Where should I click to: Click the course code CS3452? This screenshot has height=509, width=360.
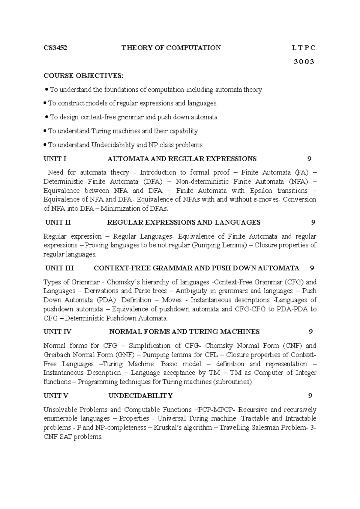(55, 48)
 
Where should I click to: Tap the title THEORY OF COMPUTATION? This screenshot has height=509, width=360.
(171, 48)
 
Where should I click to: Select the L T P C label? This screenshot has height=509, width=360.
(303, 48)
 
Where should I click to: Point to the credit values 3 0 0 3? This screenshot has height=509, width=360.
(304, 62)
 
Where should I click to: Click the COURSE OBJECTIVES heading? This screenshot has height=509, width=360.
(83, 76)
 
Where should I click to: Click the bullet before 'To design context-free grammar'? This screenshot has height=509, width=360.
(46, 117)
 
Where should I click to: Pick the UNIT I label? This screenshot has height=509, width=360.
(55, 159)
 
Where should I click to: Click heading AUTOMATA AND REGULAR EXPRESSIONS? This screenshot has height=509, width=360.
(182, 159)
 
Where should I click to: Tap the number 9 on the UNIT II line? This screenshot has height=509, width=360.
(313, 222)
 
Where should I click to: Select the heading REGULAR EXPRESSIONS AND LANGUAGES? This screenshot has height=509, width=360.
(184, 222)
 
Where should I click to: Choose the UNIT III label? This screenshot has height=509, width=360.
(59, 268)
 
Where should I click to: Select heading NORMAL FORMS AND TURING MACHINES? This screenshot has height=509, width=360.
(184, 332)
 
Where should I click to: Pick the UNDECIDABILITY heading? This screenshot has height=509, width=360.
(140, 396)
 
